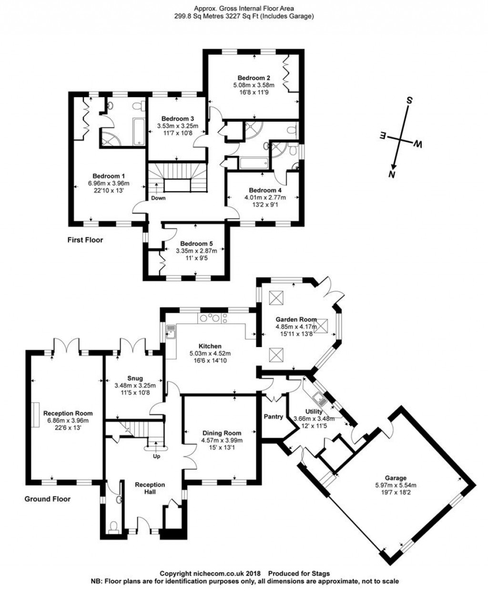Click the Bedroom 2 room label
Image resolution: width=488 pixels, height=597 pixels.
(254, 78)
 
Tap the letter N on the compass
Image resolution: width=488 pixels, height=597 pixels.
(392, 174)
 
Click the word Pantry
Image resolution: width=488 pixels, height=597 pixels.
(274, 416)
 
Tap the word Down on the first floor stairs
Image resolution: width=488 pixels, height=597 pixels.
(158, 198)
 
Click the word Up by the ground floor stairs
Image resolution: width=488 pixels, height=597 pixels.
(156, 456)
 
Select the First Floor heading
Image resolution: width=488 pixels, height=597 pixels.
(85, 240)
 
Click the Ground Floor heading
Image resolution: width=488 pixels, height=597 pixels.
(47, 499)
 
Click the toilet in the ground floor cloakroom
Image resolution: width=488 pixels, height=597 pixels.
(113, 526)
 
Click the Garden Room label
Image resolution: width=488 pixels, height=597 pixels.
(296, 319)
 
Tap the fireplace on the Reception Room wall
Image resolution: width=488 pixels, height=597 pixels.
(35, 412)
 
